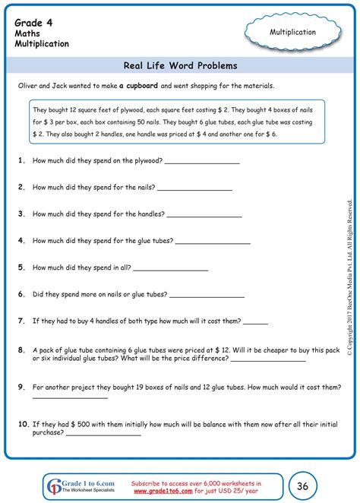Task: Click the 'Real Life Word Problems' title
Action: (179, 66)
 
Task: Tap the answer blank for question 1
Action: (201, 162)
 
